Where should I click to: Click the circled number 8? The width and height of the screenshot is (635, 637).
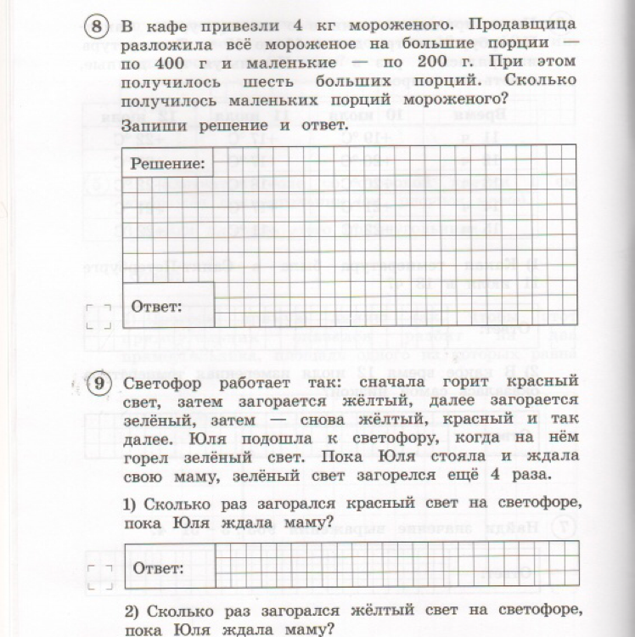point(99,26)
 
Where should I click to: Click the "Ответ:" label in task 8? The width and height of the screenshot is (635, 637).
point(156,306)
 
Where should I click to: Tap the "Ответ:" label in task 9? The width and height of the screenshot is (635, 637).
point(156,567)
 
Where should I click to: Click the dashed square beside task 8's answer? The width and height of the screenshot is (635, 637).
point(98,316)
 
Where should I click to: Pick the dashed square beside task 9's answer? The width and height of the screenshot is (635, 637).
point(98,576)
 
